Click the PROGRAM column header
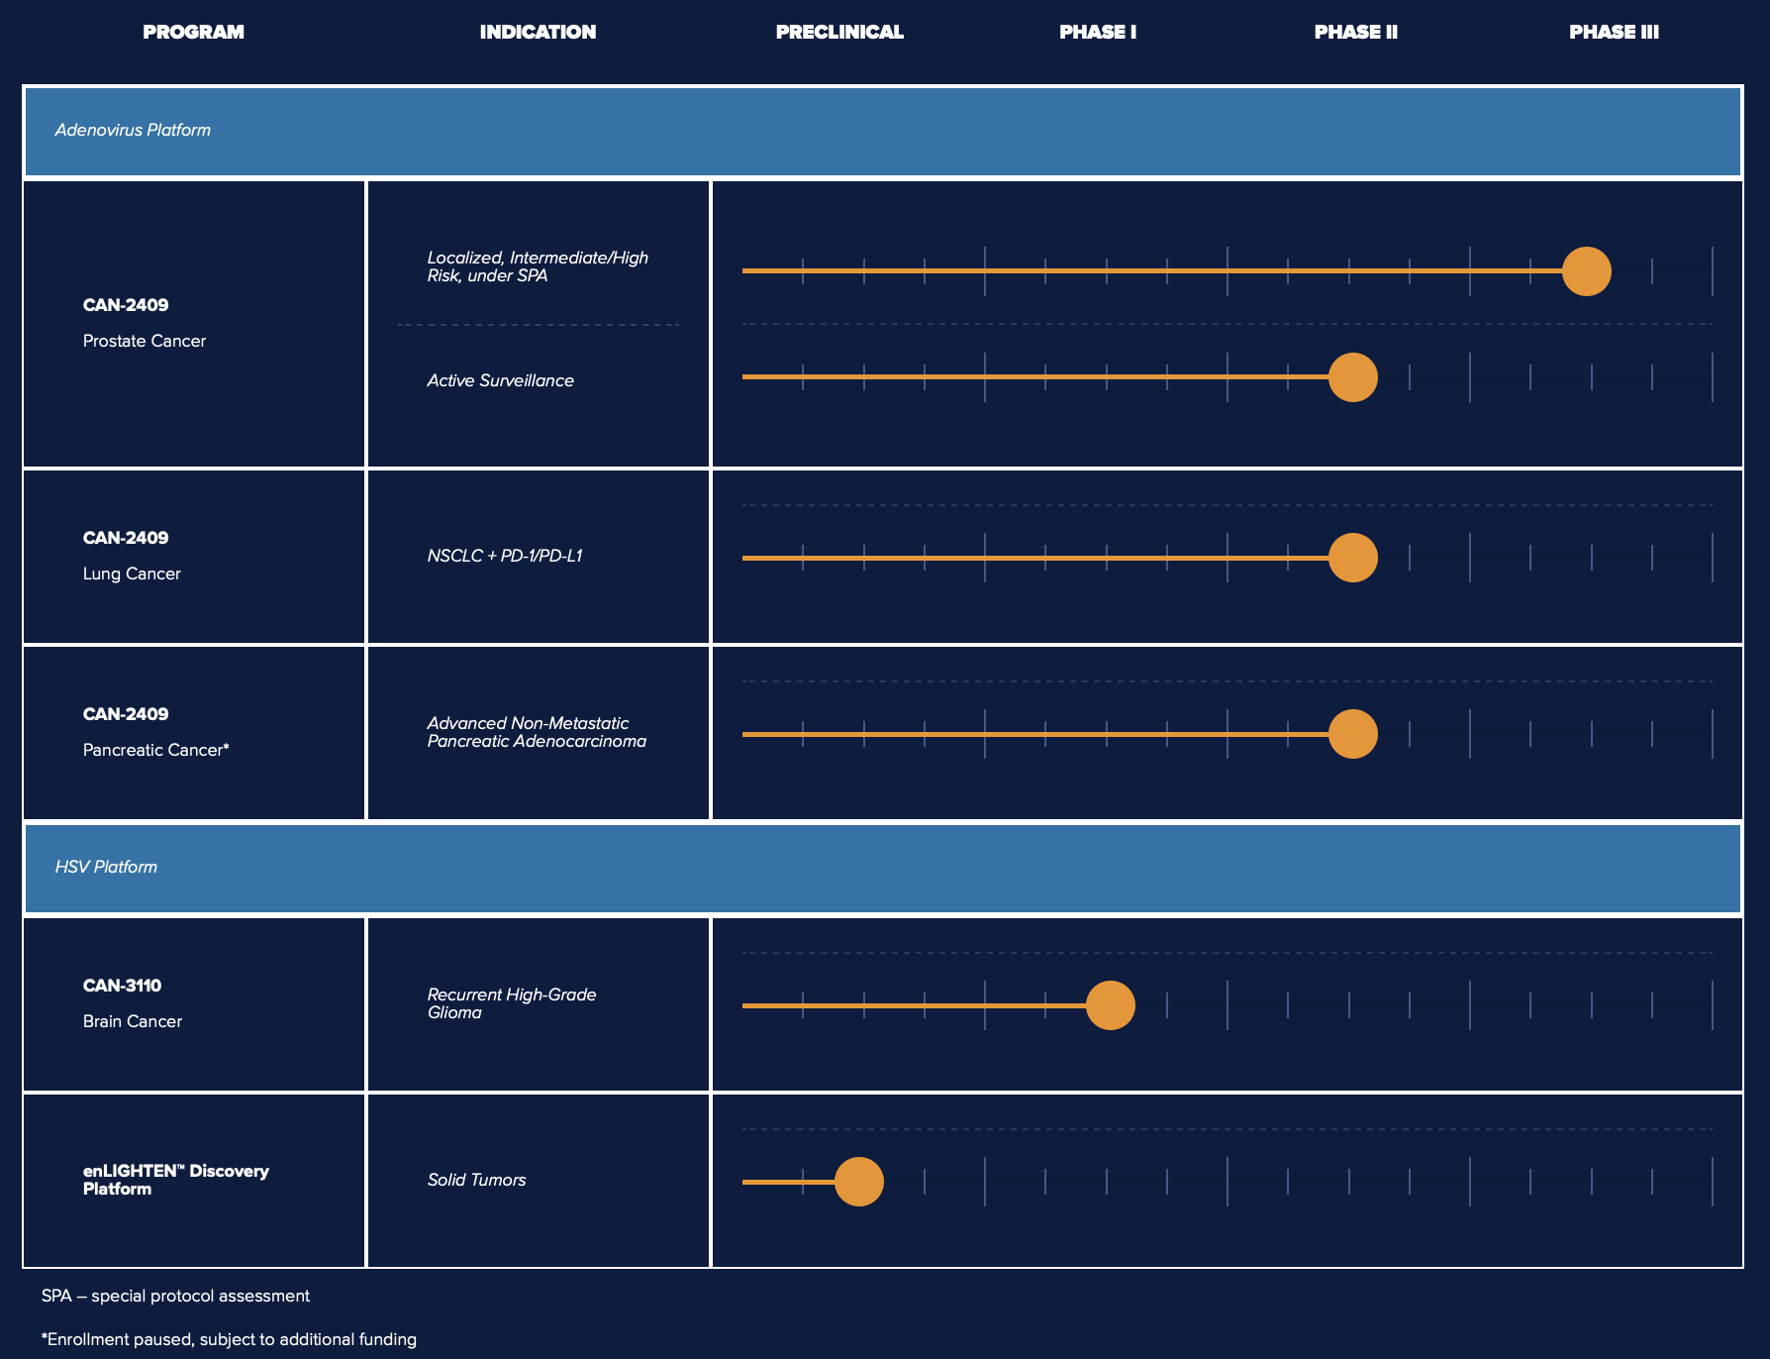[193, 32]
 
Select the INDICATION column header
[538, 32]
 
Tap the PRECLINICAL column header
[839, 32]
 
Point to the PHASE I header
[1097, 32]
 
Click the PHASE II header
[1355, 32]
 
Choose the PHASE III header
[1614, 32]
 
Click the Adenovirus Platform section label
[133, 130]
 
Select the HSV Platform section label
[106, 867]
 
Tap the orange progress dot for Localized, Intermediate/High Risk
[1586, 271]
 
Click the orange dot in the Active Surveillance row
[1352, 377]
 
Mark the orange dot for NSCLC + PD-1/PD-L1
[1352, 558]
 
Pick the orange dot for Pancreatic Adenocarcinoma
[1352, 734]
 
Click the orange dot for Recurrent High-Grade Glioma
[1110, 1005]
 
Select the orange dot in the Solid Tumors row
[858, 1182]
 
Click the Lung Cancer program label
[132, 574]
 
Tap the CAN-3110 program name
[122, 986]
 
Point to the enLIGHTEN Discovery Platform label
[175, 1180]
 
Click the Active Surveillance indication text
[500, 380]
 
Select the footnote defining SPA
[175, 1296]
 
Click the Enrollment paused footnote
[229, 1339]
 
